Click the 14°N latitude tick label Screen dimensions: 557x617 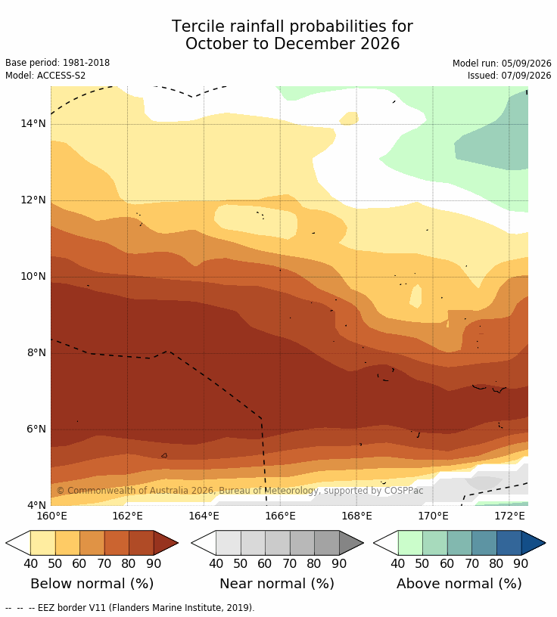click(x=33, y=123)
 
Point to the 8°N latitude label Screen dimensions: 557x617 click(x=36, y=352)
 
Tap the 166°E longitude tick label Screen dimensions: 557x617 click(x=280, y=516)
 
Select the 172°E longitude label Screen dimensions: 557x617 click(x=509, y=516)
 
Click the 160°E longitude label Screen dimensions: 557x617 click(x=51, y=516)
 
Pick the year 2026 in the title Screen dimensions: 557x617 click(x=380, y=44)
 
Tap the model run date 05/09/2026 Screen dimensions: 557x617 click(x=526, y=64)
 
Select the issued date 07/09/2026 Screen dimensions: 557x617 click(x=526, y=75)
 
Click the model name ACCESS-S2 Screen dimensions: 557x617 click(x=61, y=75)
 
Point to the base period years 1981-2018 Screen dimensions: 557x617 click(x=86, y=63)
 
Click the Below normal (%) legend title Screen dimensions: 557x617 click(x=92, y=583)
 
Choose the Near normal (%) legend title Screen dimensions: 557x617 click(x=276, y=583)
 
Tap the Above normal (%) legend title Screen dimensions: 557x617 click(x=459, y=583)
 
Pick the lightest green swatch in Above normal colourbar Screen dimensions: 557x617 click(x=410, y=543)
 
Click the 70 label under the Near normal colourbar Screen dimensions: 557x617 click(x=290, y=563)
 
